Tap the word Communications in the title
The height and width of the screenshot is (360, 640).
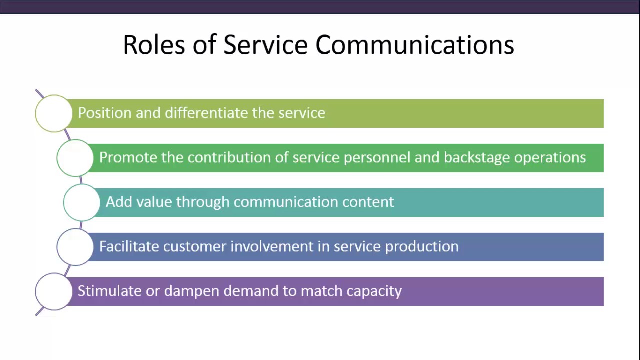tap(414, 45)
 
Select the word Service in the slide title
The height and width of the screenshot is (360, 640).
tap(265, 45)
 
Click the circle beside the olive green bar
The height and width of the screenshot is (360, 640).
tap(54, 113)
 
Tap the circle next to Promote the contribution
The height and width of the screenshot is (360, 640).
tap(75, 158)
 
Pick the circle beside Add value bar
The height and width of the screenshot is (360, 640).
tap(82, 202)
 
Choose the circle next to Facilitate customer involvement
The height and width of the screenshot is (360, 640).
tap(75, 247)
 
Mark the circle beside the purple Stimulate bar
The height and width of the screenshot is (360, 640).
tap(54, 291)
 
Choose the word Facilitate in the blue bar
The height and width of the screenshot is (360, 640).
tap(129, 246)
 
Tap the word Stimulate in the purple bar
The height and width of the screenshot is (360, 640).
tap(110, 291)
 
